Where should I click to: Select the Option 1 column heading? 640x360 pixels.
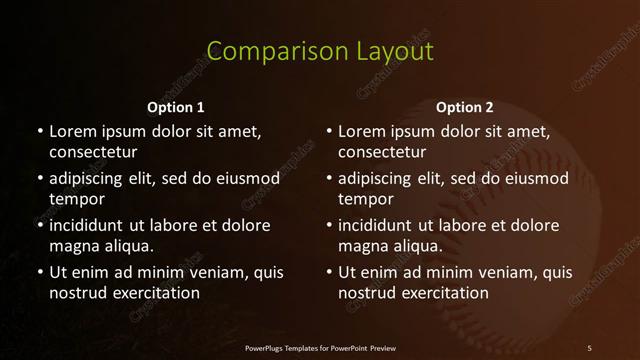[176, 107]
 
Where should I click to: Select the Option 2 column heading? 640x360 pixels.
[465, 107]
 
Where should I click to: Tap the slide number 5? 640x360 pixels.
[589, 348]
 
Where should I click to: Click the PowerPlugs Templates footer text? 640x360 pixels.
[320, 348]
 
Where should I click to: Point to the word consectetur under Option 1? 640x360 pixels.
[93, 153]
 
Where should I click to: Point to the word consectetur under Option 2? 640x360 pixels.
[382, 153]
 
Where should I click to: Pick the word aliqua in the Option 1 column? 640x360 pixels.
[128, 246]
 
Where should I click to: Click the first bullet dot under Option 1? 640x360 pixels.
[39, 132]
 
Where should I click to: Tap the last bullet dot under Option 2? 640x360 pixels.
[328, 272]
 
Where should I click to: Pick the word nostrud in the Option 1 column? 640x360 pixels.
[76, 293]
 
